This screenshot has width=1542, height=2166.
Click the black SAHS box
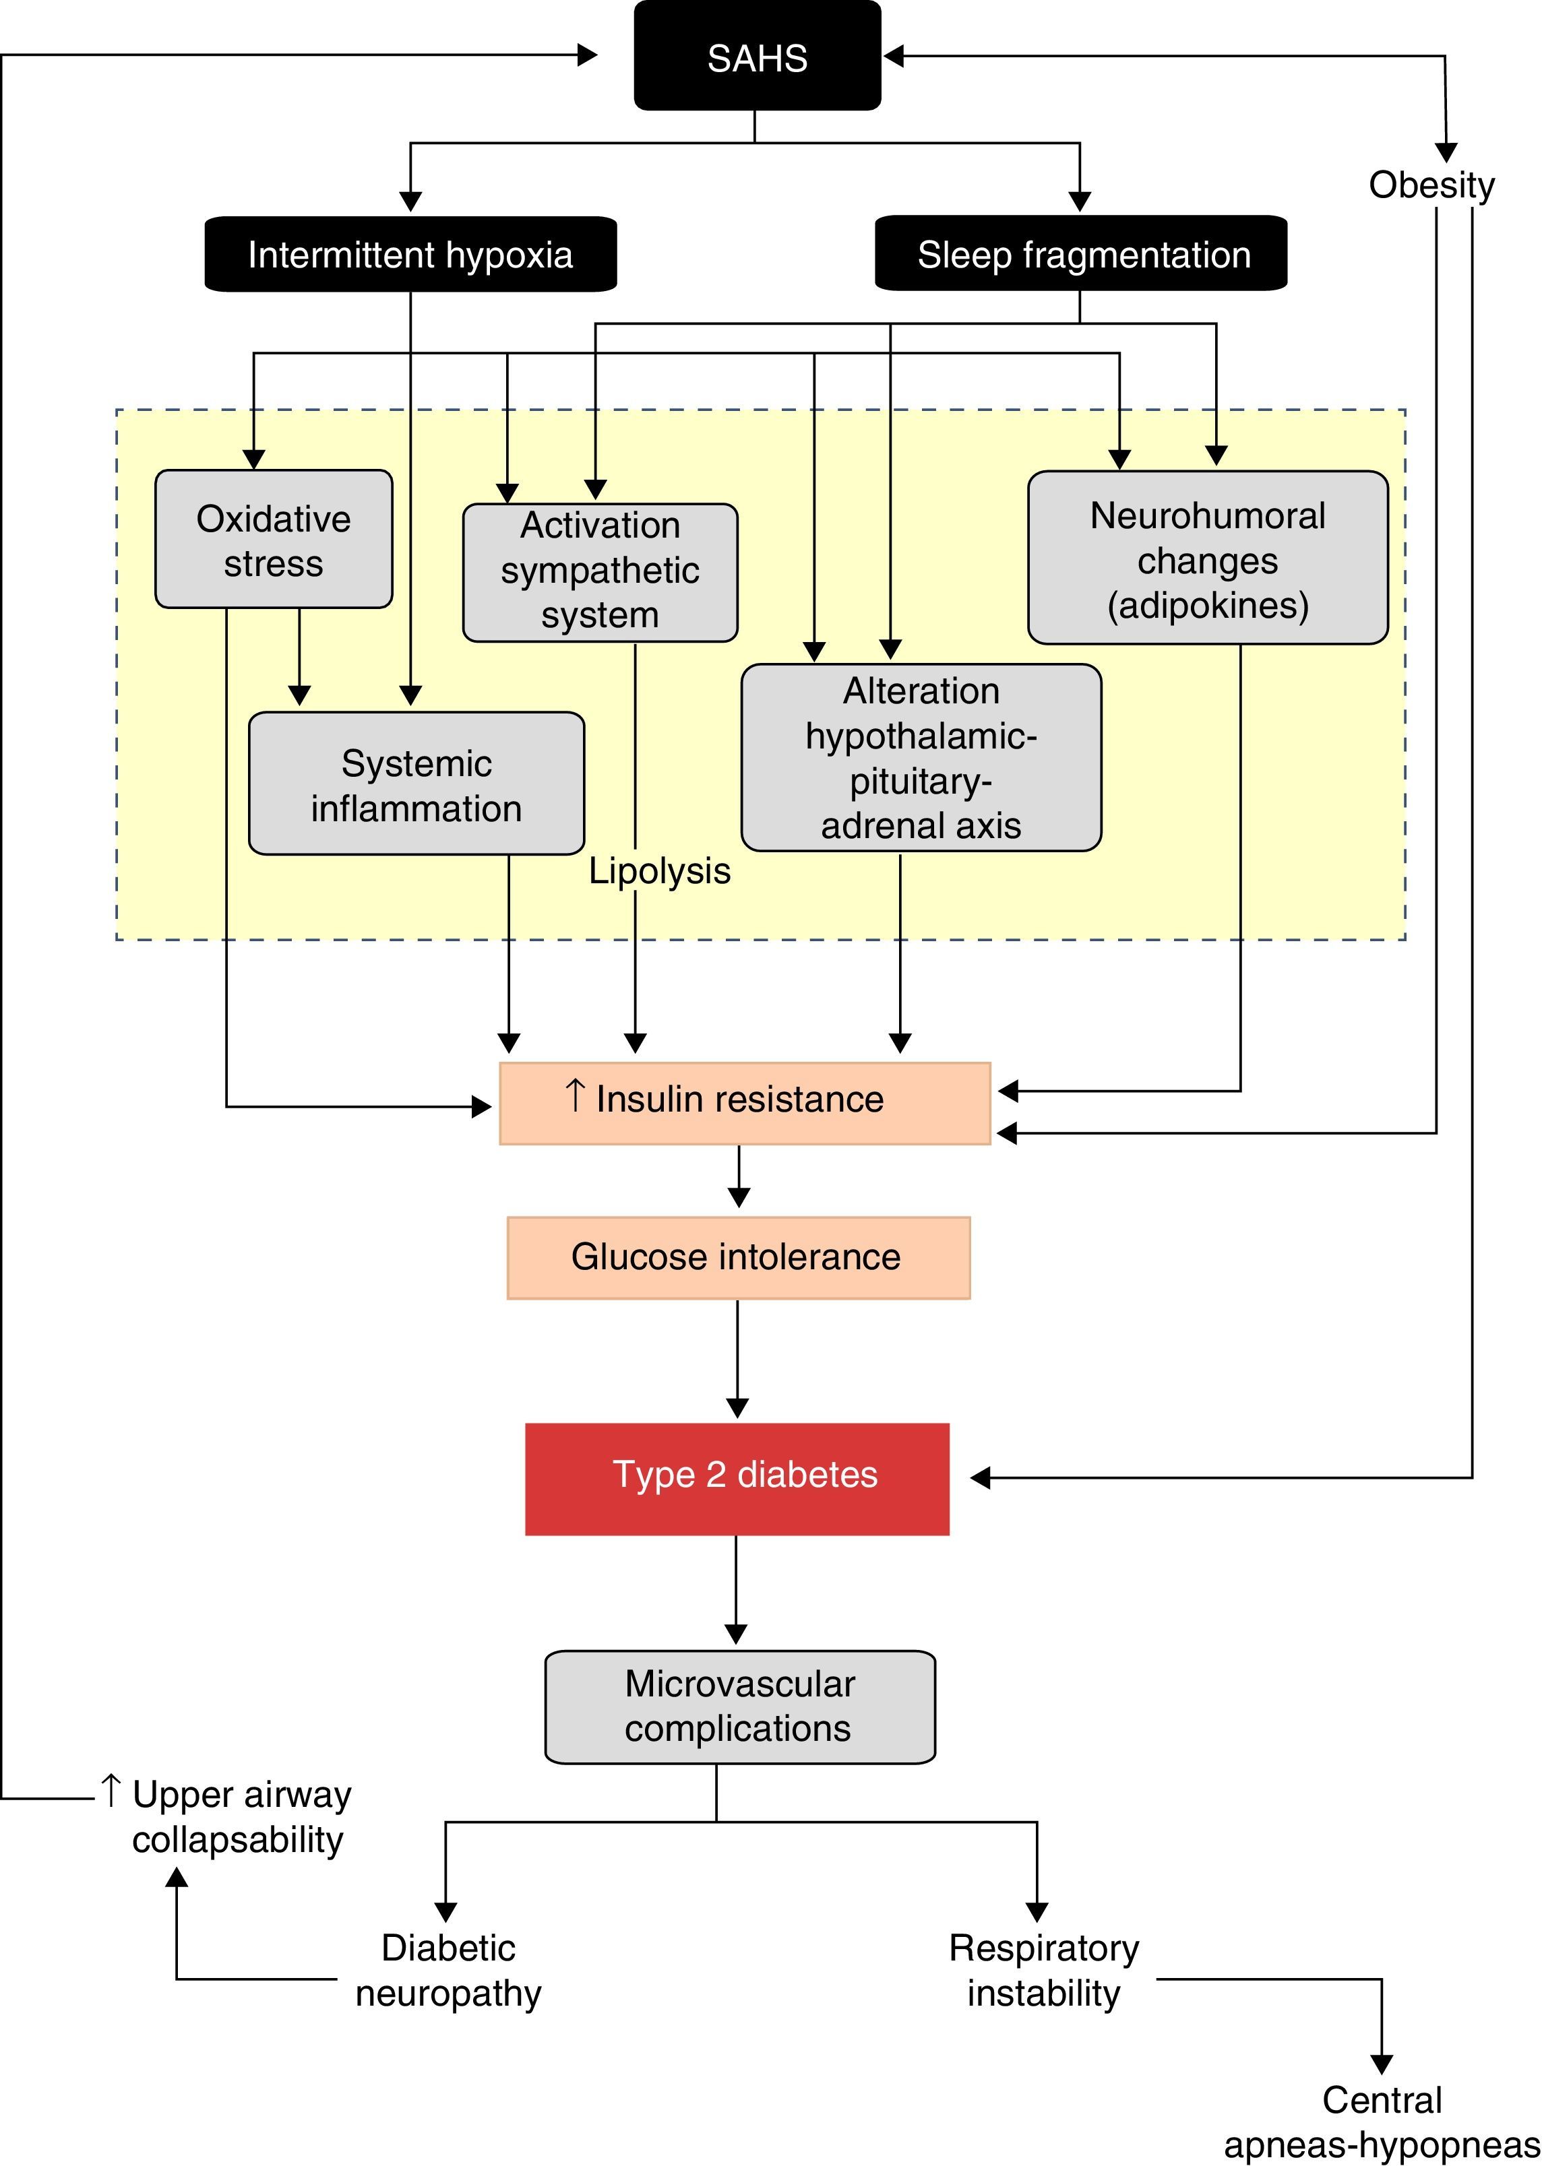(757, 56)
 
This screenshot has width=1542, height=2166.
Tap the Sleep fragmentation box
(1080, 253)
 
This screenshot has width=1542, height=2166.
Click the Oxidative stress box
(274, 539)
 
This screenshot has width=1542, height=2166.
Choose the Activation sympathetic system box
(600, 573)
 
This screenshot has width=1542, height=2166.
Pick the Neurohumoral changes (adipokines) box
(1208, 557)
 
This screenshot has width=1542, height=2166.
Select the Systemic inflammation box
(416, 783)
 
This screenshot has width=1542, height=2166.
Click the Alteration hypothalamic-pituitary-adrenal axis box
(921, 757)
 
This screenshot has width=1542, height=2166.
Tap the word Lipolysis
(659, 871)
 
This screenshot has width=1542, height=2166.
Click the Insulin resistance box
(745, 1103)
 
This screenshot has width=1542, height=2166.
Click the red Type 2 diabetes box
(737, 1479)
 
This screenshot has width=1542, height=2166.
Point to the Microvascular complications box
(740, 1707)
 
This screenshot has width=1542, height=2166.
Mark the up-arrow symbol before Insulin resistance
(574, 1095)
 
